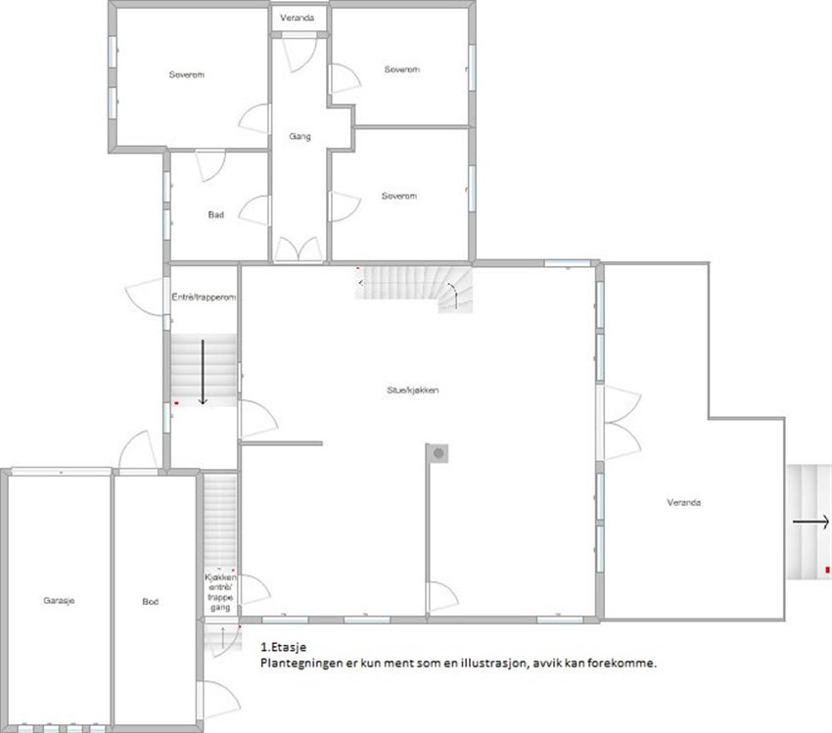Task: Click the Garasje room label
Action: click(x=59, y=601)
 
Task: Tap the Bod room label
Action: click(x=150, y=602)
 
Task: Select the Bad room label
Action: click(x=215, y=214)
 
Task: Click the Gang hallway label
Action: click(x=300, y=136)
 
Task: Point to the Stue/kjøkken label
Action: click(x=412, y=389)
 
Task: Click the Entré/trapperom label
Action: click(x=205, y=297)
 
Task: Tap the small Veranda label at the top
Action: click(x=298, y=19)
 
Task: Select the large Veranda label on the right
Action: click(x=684, y=502)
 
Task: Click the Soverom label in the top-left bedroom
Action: click(x=186, y=75)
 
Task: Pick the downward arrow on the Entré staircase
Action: click(x=203, y=372)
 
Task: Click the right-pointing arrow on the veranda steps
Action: click(x=811, y=522)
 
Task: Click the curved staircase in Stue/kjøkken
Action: click(x=416, y=288)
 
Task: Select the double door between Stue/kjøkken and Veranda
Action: click(x=619, y=422)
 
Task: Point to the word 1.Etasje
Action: click(x=284, y=647)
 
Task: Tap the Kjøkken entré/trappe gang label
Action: click(x=220, y=592)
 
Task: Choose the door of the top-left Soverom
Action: click(x=256, y=119)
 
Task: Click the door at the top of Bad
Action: click(x=211, y=163)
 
